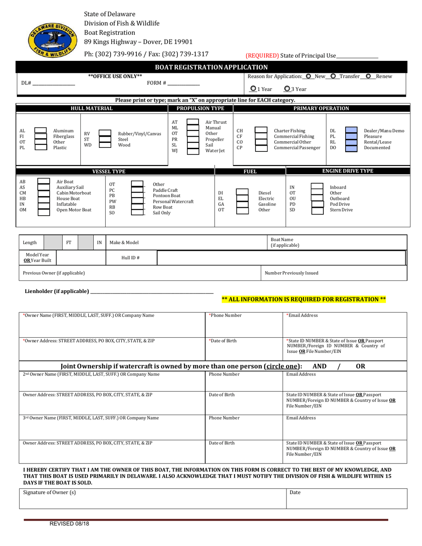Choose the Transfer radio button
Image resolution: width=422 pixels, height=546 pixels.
pyautogui.click(x=333, y=76)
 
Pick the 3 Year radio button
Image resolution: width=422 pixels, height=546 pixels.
pyautogui.click(x=287, y=89)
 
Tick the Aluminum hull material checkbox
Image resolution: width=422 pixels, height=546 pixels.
pyautogui.click(x=40, y=131)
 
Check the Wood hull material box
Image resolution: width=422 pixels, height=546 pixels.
pyautogui.click(x=104, y=145)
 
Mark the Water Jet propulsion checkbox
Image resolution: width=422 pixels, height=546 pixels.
pyautogui.click(x=193, y=151)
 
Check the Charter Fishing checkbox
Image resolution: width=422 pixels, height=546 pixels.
pyautogui.click(x=261, y=131)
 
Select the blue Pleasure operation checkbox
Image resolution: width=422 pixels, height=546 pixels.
pyautogui.click(x=351, y=136)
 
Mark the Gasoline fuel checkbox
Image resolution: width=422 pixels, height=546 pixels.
pyautogui.click(x=242, y=204)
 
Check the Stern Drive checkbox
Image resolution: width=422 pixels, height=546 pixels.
pyautogui.click(x=317, y=210)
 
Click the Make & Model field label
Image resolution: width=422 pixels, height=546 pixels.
pyautogui.click(x=124, y=242)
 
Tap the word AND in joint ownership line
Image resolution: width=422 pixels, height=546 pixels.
pyautogui.click(x=319, y=366)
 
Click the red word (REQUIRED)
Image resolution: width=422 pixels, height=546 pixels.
pyautogui.click(x=262, y=55)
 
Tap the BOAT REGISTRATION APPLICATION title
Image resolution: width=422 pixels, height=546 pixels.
pyautogui.click(x=211, y=67)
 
